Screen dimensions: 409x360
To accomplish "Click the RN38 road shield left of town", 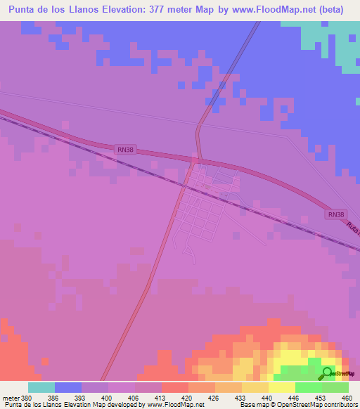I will click(x=124, y=148).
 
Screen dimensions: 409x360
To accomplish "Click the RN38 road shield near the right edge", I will click(x=336, y=214).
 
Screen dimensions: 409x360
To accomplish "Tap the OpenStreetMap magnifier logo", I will click(x=328, y=373).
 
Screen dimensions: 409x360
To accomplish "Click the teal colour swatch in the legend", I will click(x=41, y=387).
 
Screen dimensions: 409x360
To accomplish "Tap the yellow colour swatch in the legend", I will click(x=282, y=387).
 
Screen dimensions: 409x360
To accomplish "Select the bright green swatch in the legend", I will click(x=309, y=387).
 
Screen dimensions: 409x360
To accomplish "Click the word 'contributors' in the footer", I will click(x=337, y=405).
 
